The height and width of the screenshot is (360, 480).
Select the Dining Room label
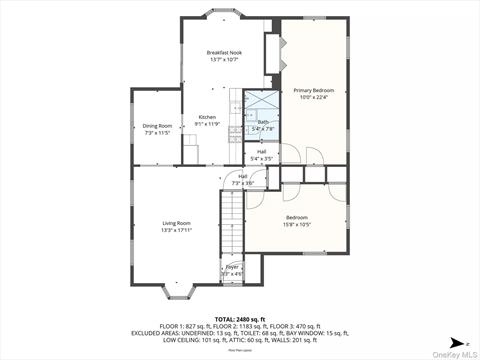157,126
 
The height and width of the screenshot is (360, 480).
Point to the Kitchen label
207,117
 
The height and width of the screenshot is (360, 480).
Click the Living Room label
177,223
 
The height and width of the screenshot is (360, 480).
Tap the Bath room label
263,122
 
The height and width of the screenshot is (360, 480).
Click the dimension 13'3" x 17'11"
177,231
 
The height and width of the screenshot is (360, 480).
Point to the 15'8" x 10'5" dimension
297,224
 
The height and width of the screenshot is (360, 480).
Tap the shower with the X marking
263,103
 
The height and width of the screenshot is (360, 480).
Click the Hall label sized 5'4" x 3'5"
261,153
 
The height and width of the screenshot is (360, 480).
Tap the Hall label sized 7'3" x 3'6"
243,177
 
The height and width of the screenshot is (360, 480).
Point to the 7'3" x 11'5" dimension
157,133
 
